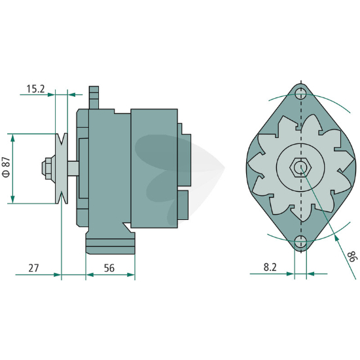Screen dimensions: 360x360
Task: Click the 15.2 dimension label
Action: coord(35,89)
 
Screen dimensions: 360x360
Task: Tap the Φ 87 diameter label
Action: coord(7,167)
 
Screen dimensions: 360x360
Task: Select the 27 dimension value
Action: coord(34,268)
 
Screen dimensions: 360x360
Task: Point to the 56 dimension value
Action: coord(109,268)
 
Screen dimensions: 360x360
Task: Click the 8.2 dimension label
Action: coord(270,267)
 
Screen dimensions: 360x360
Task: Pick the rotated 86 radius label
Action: coord(352,257)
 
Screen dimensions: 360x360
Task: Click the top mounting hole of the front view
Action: coord(301,94)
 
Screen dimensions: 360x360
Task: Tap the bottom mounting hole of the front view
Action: coord(301,242)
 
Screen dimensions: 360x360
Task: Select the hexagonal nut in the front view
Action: coord(300,167)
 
